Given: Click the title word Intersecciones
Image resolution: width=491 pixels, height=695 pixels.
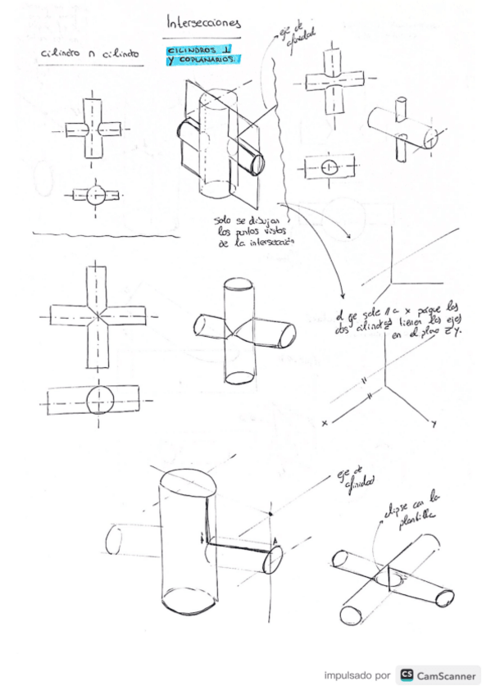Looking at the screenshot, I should [202, 22].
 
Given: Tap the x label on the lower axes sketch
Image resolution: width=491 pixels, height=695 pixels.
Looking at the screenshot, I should [325, 423].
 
